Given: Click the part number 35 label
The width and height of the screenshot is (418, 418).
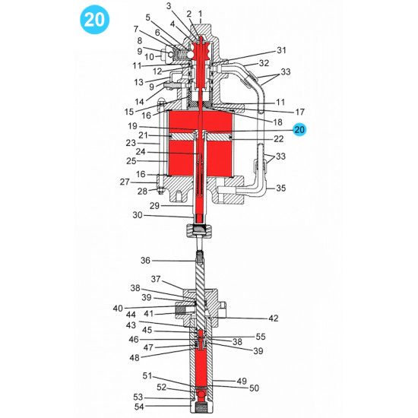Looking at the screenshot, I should pyautogui.click(x=280, y=188).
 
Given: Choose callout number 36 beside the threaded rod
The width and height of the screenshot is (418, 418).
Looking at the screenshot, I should pyautogui.click(x=145, y=261).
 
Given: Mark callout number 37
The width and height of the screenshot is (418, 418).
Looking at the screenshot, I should pyautogui.click(x=156, y=278).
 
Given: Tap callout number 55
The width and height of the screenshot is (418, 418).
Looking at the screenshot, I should pyautogui.click(x=261, y=336).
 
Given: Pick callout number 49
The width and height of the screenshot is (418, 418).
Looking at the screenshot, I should pyautogui.click(x=242, y=381).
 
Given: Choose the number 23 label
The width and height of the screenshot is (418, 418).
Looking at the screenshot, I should pyautogui.click(x=130, y=142).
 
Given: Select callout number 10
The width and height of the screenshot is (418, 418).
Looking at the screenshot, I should pyautogui.click(x=149, y=57).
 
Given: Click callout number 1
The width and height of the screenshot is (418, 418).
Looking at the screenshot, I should pyautogui.click(x=200, y=14).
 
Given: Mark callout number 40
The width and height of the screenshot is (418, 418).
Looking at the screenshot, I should pyautogui.click(x=118, y=308).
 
